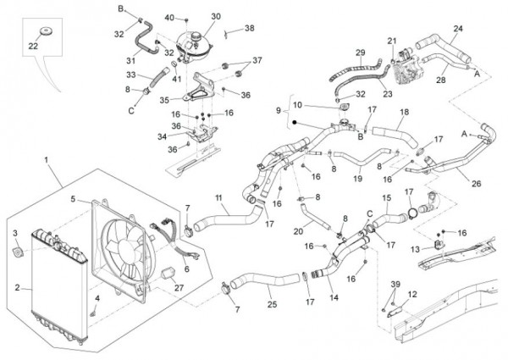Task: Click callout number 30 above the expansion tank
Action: click(x=215, y=16)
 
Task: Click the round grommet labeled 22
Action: click(x=38, y=33)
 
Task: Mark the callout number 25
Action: click(x=272, y=303)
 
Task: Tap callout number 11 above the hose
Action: click(x=218, y=198)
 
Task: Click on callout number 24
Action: click(x=458, y=29)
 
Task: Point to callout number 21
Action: click(x=392, y=41)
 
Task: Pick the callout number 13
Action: click(x=414, y=249)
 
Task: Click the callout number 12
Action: click(x=412, y=294)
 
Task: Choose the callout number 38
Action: click(x=249, y=28)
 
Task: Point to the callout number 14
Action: click(x=333, y=299)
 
